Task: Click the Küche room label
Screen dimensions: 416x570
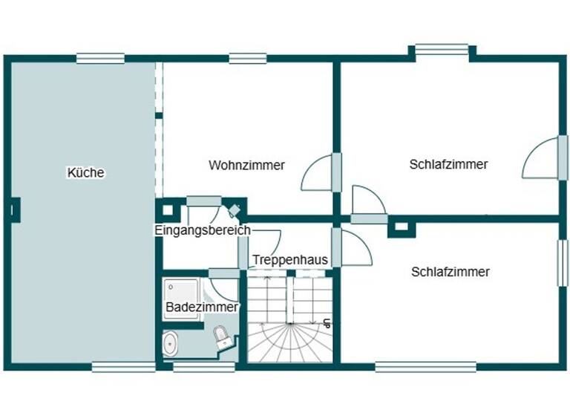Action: tap(86, 173)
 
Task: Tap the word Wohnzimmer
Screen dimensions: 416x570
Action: tap(246, 165)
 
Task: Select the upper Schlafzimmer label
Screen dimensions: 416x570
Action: tap(448, 164)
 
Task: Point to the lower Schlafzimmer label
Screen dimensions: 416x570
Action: tap(450, 272)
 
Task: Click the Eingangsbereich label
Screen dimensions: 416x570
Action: tap(202, 230)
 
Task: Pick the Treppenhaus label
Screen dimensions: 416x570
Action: tap(290, 260)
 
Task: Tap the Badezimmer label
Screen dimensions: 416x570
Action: tap(202, 307)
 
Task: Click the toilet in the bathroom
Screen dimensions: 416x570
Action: tap(223, 338)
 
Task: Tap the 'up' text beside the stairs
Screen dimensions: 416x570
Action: tap(327, 323)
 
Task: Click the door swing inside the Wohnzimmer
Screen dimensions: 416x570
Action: tap(317, 175)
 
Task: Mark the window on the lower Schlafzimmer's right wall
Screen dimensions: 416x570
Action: tap(563, 263)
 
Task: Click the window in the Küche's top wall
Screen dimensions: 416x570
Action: tap(100, 58)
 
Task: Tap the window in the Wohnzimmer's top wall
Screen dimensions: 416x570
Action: tap(248, 58)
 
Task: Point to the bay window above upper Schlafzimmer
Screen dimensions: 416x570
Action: tap(442, 51)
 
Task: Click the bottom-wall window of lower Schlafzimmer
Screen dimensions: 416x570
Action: tap(425, 366)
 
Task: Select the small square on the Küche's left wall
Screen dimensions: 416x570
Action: tap(13, 210)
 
